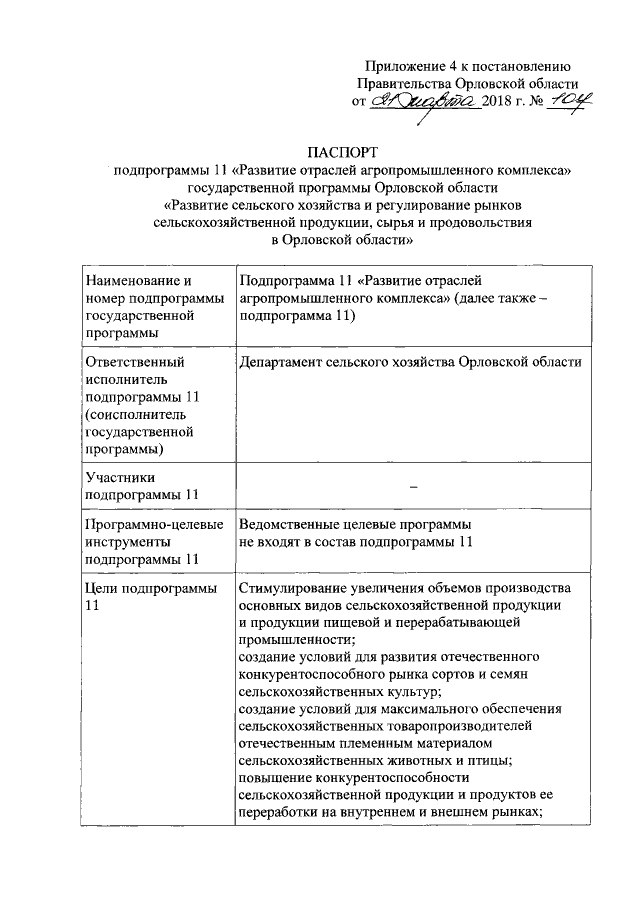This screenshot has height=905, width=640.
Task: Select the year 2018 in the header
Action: (x=498, y=103)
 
